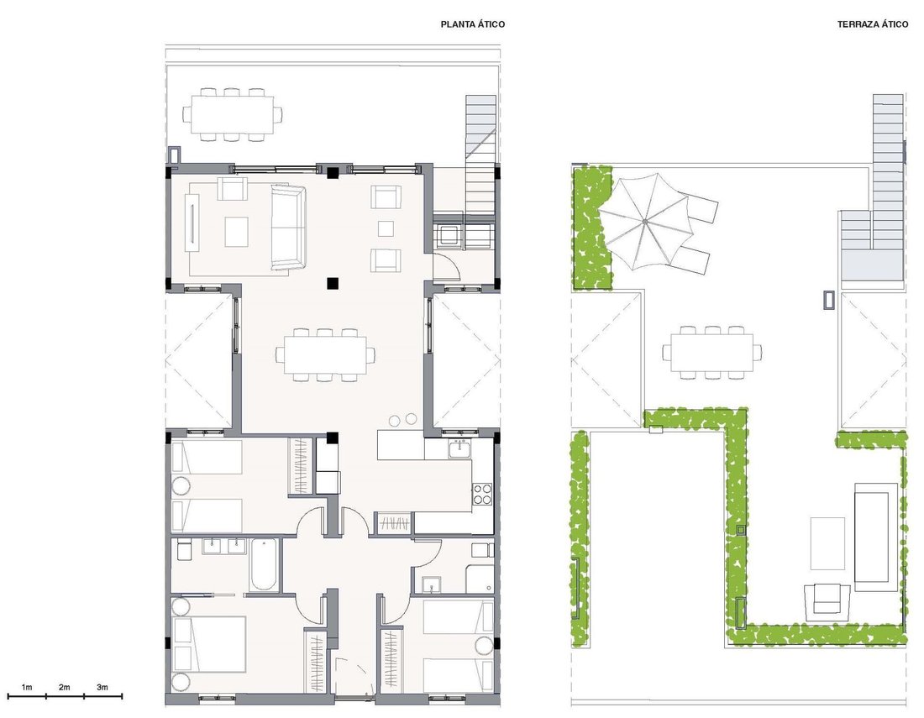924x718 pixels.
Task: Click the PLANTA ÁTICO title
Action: [473, 24]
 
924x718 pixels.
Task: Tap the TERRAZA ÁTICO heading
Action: [873, 24]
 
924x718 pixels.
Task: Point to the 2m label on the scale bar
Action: [64, 688]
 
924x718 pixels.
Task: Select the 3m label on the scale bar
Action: [102, 688]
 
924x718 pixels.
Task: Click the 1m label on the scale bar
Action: [27, 688]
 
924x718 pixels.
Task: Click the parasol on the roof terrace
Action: [645, 222]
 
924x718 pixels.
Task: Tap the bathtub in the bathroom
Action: [263, 564]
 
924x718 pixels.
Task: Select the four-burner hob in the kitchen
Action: [482, 494]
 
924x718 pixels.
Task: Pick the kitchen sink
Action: [459, 448]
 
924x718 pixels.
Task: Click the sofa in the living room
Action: [287, 227]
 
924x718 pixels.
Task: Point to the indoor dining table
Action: [325, 355]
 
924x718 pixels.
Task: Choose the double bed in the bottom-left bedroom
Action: [209, 644]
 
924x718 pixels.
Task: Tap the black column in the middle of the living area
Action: [333, 283]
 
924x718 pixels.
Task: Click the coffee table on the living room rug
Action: [236, 232]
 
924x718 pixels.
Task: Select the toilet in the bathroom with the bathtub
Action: [181, 549]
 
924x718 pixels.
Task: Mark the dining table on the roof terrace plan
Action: [711, 353]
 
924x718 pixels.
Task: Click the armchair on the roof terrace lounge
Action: [827, 600]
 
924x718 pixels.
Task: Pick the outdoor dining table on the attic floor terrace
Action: [232, 115]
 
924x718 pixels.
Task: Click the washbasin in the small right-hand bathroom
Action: [432, 584]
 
